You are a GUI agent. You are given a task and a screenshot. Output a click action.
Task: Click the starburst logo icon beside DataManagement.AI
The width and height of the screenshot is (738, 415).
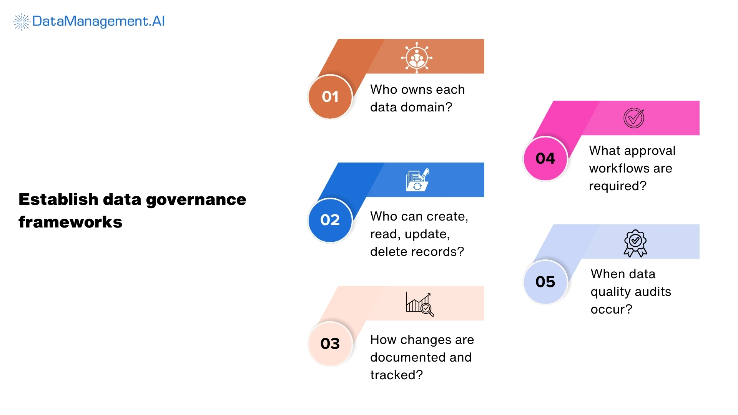[22, 22]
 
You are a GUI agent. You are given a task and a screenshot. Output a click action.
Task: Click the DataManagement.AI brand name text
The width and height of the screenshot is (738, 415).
[98, 21]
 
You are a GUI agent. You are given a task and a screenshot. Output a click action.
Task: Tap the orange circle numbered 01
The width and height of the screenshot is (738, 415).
[330, 97]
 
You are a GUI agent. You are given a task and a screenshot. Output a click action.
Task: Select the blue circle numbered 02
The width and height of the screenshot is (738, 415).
[330, 220]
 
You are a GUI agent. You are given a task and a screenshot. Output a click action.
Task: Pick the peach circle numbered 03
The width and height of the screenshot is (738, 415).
[330, 344]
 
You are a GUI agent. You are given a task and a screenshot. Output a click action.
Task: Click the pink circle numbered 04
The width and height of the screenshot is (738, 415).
[545, 158]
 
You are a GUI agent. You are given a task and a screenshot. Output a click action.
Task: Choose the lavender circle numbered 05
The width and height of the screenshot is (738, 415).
[545, 282]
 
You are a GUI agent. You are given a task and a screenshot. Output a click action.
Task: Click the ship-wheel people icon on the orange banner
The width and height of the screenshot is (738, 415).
[417, 58]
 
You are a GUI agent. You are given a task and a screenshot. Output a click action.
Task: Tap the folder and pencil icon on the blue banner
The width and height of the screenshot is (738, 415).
[417, 180]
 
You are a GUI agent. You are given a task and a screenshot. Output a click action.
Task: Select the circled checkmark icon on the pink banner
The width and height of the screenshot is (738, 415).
[634, 118]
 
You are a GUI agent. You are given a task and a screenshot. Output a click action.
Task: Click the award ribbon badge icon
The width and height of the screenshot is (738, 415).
[635, 243]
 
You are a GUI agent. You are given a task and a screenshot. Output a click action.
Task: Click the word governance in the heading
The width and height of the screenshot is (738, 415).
[196, 200]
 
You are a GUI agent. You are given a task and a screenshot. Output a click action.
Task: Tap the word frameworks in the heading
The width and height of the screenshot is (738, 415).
[70, 222]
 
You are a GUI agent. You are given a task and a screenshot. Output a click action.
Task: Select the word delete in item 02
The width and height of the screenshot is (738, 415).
[387, 252]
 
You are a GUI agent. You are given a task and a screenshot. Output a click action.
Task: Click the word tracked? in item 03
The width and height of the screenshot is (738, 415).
[396, 375]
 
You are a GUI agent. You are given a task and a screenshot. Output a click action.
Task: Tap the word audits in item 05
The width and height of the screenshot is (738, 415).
[653, 292]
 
